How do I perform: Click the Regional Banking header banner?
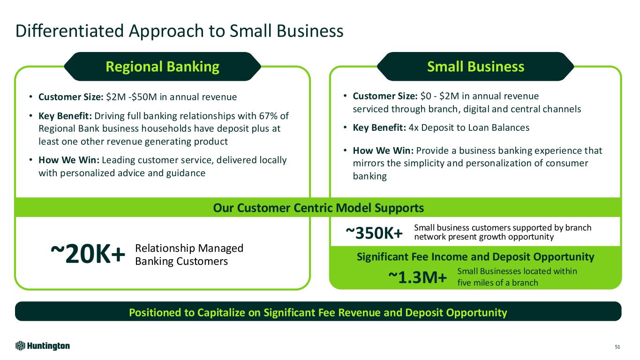pos(162,66)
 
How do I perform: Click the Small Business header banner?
pos(475,66)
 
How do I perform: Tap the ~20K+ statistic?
pos(88,254)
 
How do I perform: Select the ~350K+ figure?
pos(374,233)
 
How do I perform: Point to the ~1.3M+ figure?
pos(417,277)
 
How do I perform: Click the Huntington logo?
pos(43,346)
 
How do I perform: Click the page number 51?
pos(617,347)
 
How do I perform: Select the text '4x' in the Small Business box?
pos(414,127)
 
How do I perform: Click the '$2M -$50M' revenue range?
pos(131,97)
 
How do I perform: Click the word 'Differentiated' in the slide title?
pos(69,31)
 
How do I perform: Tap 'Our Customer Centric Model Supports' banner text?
pos(318,208)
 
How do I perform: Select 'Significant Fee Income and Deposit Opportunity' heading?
pos(475,256)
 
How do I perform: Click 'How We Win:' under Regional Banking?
pos(69,160)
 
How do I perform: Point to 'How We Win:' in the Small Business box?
pos(383,150)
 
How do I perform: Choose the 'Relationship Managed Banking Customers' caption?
pos(189,255)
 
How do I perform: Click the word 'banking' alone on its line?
pos(370,176)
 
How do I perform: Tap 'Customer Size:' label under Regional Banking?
pos(71,97)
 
